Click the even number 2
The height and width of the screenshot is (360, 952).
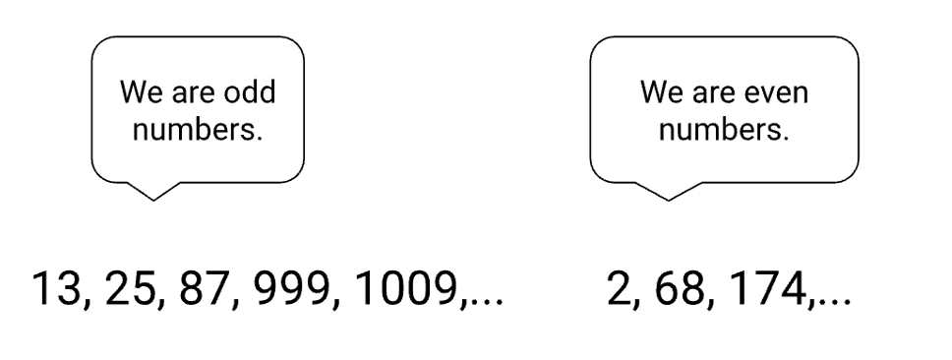[619, 288]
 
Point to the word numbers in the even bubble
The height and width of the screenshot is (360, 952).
[724, 130]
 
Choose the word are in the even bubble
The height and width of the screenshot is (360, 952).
[714, 93]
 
